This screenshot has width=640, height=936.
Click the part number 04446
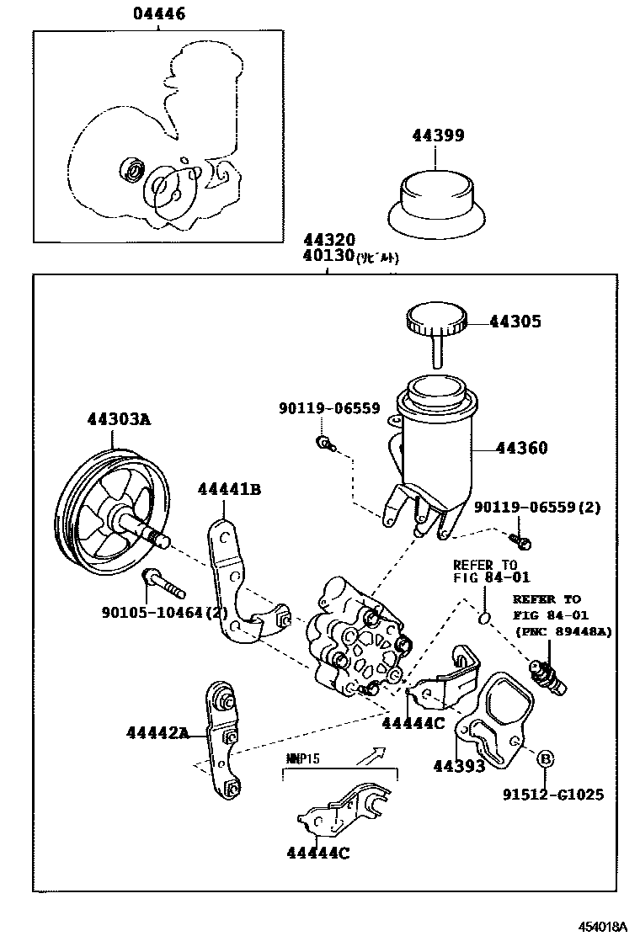point(159,14)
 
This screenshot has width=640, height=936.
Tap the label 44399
point(436,136)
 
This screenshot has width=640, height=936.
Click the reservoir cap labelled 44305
point(436,321)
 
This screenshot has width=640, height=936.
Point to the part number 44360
point(521,449)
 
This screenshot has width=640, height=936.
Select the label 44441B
point(229,489)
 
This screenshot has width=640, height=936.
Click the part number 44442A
point(157,732)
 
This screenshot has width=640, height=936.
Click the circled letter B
point(545,759)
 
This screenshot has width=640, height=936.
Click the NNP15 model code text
point(298,758)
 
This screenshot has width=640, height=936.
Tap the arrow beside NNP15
point(371,754)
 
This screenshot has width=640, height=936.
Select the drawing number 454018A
point(602,925)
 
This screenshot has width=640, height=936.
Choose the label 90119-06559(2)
point(536,507)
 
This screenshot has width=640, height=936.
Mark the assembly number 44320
point(329,240)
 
